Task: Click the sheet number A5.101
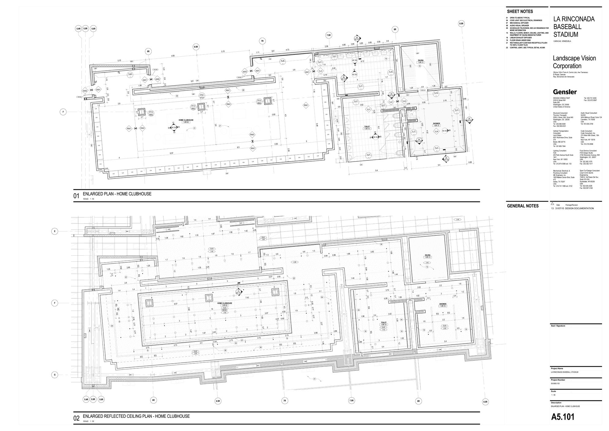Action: (x=562, y=417)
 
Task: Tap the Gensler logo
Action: (x=565, y=92)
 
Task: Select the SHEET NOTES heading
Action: (x=520, y=11)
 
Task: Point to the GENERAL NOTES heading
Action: (x=523, y=206)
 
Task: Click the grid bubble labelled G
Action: (x=55, y=375)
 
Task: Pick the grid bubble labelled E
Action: (x=55, y=231)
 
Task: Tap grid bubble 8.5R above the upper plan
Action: (x=461, y=24)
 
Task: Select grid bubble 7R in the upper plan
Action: (x=262, y=41)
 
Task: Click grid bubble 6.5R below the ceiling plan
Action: (x=218, y=401)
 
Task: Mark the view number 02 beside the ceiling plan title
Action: (x=76, y=418)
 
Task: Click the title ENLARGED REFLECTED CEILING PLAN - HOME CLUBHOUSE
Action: (x=136, y=416)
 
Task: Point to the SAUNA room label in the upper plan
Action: (x=420, y=60)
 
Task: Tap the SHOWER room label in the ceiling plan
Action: (x=443, y=304)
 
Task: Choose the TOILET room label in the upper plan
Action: (x=367, y=126)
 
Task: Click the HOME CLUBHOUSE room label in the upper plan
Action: (x=186, y=120)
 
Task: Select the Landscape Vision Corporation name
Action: (x=574, y=62)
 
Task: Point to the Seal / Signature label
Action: (x=558, y=326)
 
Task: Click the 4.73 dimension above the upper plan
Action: (x=287, y=50)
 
